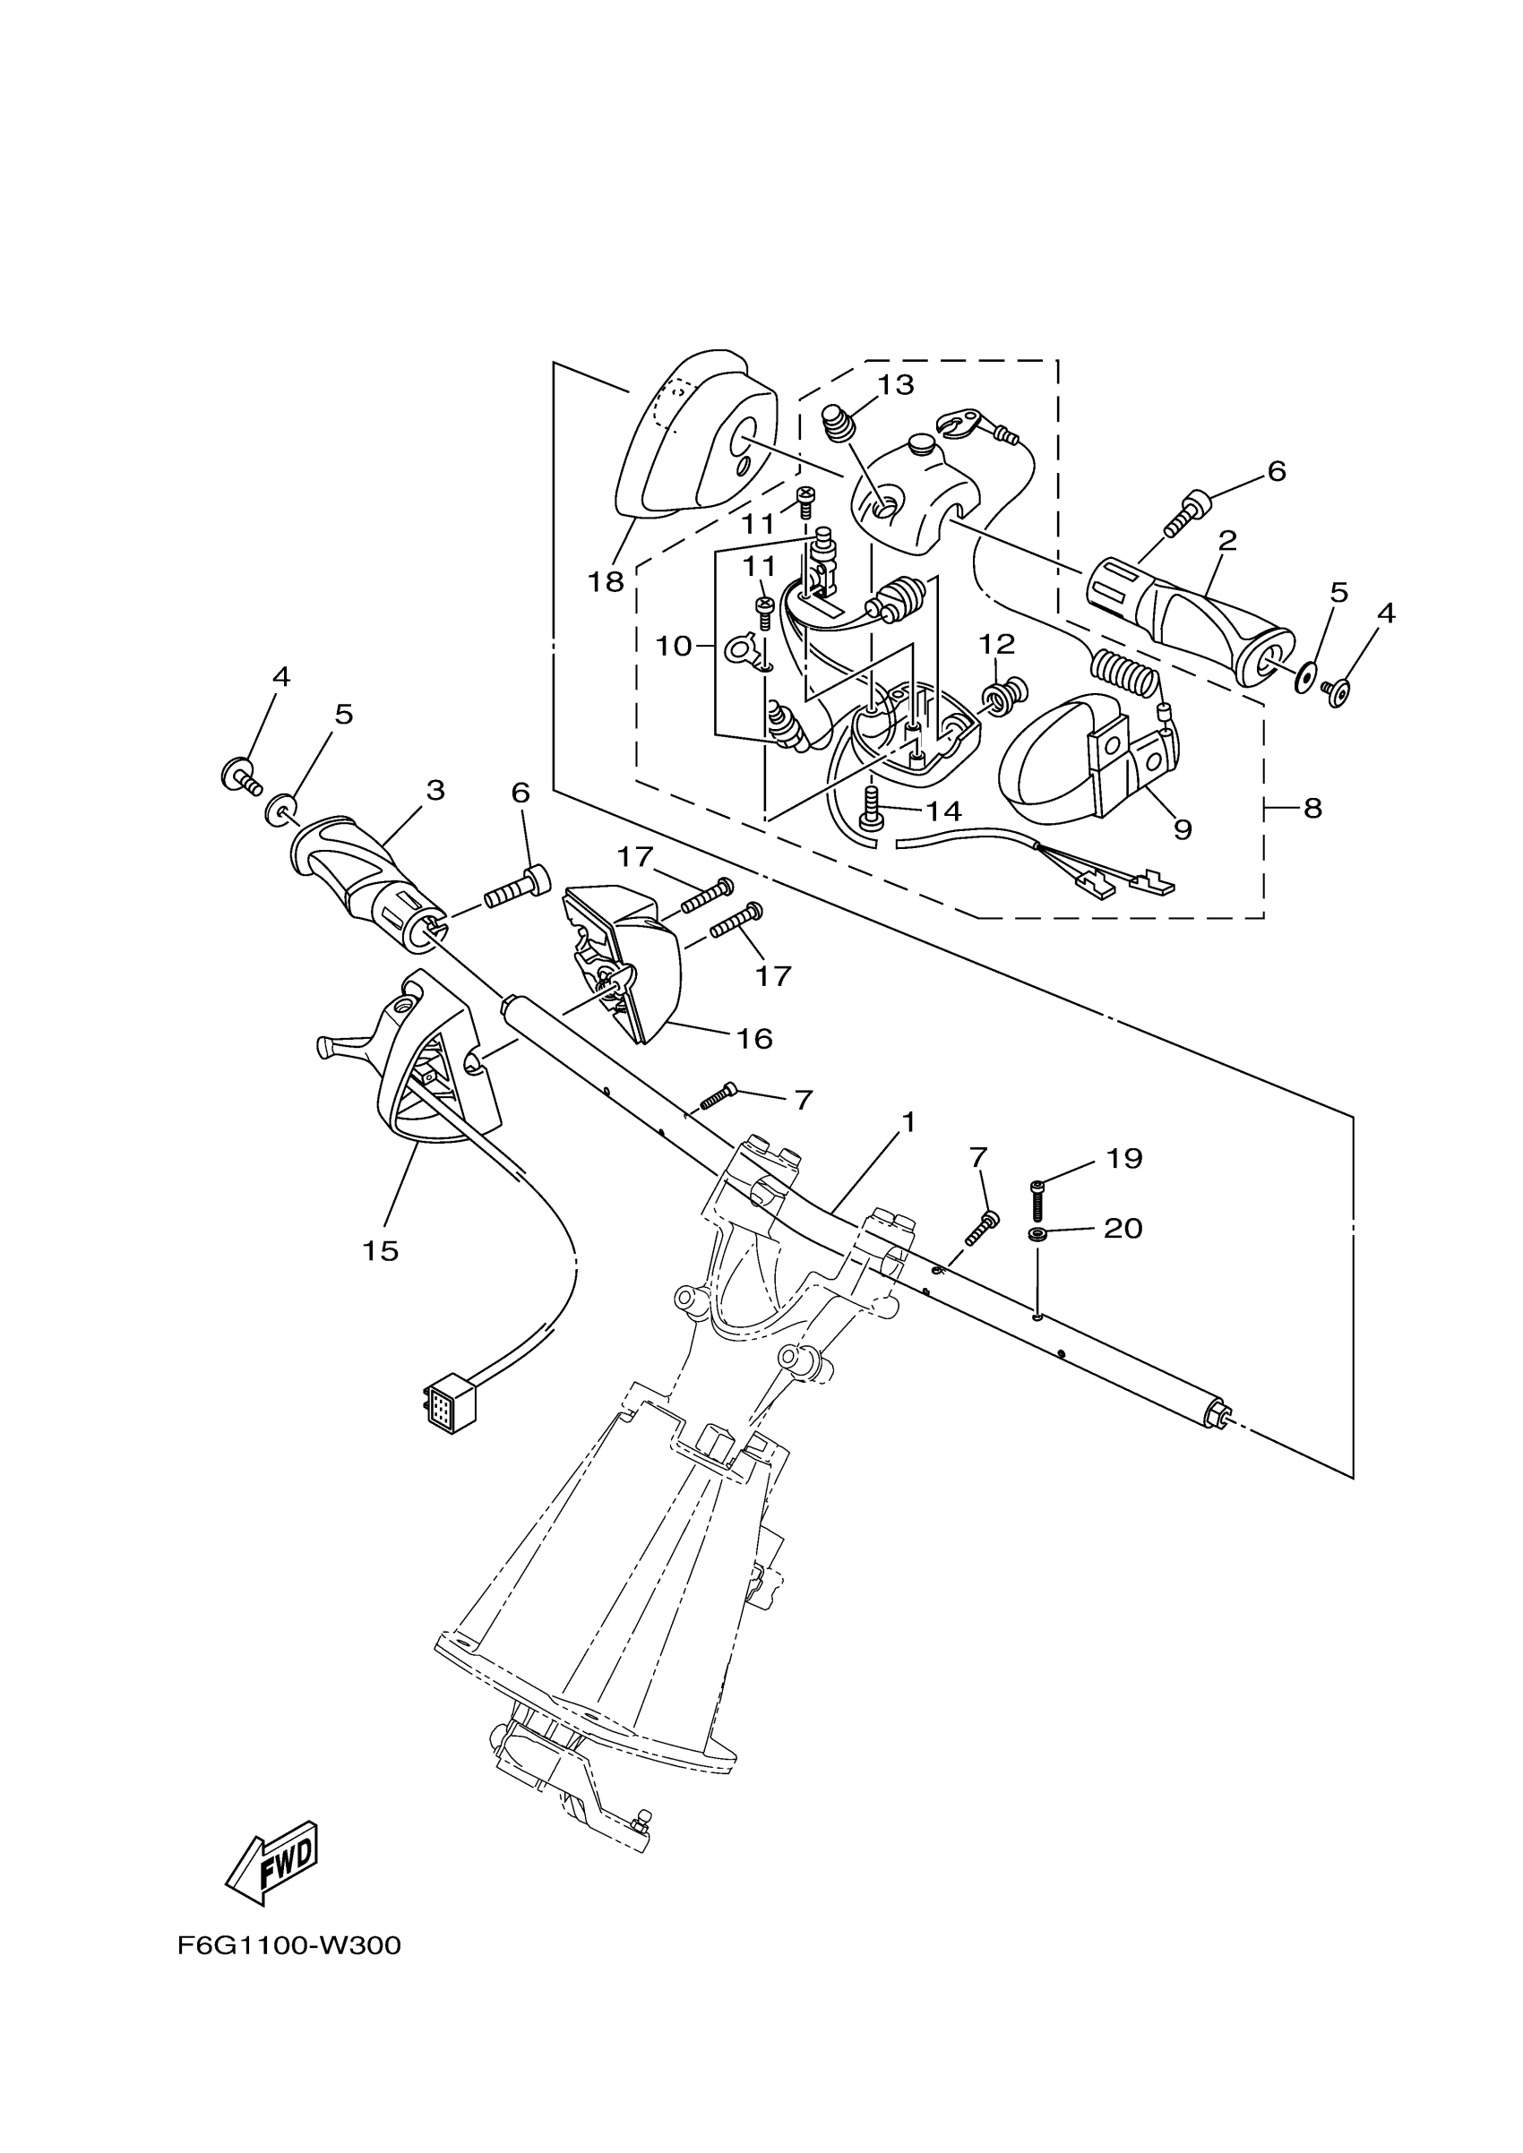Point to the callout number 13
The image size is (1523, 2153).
coord(896,385)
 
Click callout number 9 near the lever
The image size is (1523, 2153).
coord(1183,829)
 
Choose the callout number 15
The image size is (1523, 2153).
coord(381,1250)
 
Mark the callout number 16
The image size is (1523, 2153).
coord(754,1038)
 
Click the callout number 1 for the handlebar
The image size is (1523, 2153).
coord(907,1121)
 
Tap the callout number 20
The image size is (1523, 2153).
coord(1123,1228)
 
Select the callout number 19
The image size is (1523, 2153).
coord(1124,1159)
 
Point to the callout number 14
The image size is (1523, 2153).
coord(943,811)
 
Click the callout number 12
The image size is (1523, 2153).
coord(997,644)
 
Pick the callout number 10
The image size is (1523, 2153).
coord(674,646)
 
